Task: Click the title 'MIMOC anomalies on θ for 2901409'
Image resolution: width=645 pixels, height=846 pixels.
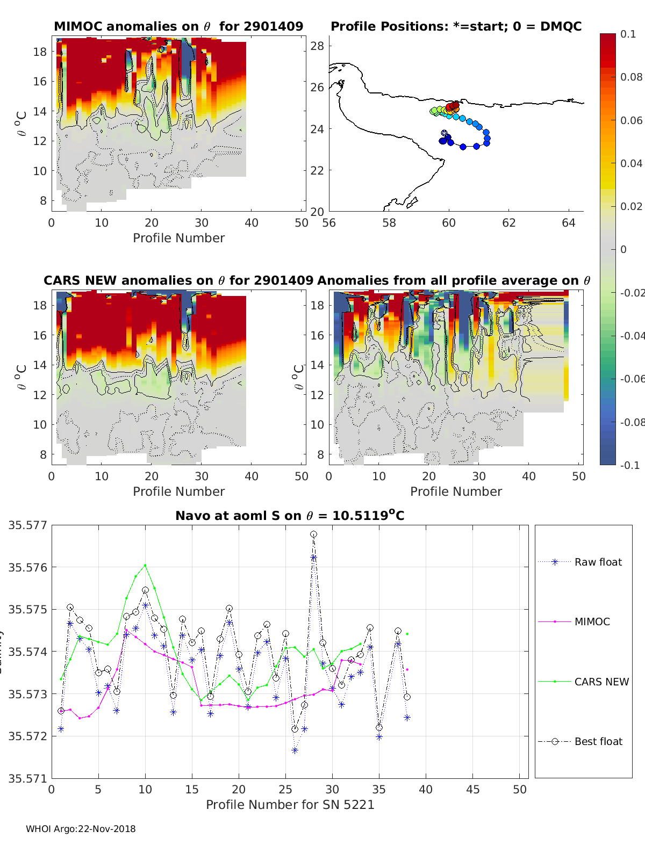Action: [178, 26]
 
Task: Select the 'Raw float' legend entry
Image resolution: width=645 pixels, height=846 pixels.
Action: [598, 562]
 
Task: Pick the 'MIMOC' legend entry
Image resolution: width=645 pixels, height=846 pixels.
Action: [592, 621]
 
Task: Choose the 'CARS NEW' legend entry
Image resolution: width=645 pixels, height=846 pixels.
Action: [601, 682]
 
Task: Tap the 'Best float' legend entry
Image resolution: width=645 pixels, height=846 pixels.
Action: [598, 741]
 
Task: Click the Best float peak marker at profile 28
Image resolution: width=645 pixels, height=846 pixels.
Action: [313, 534]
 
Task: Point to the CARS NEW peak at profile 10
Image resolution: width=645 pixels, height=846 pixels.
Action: [145, 565]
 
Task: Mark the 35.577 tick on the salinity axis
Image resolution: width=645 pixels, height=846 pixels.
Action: [27, 525]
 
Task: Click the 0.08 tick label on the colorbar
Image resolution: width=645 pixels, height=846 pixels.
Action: [631, 77]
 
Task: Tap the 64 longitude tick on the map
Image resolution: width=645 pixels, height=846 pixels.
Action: [569, 222]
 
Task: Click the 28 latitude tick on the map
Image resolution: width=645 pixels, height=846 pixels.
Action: [317, 46]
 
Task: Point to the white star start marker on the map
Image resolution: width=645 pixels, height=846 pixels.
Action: [444, 133]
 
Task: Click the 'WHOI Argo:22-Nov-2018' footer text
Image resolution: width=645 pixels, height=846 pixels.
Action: [81, 829]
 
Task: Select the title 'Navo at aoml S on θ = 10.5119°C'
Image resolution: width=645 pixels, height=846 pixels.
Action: [290, 516]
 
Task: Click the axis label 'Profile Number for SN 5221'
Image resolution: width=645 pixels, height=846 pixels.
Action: [290, 805]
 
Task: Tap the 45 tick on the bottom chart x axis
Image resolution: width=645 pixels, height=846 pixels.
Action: [473, 789]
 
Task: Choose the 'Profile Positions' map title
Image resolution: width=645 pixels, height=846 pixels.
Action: [456, 26]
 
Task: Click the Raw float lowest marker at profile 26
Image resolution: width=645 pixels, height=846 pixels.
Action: [295, 750]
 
